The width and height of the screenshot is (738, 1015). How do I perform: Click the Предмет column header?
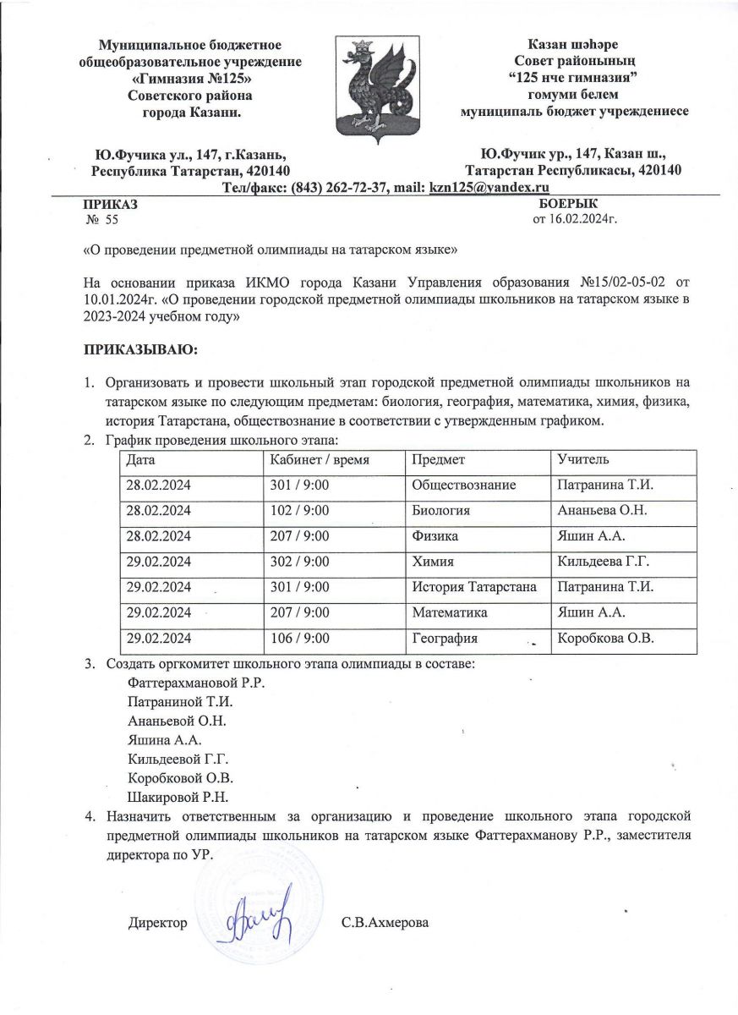tap(434, 459)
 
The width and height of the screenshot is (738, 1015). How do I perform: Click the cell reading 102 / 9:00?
tap(298, 511)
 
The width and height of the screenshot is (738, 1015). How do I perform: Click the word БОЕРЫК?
tap(567, 204)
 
